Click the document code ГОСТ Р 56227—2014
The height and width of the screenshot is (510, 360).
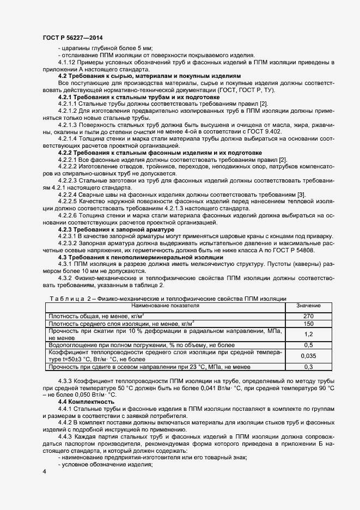pyautogui.click(x=72, y=38)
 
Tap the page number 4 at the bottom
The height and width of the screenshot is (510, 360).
pyautogui.click(x=44, y=470)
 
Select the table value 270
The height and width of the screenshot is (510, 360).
pyautogui.click(x=308, y=316)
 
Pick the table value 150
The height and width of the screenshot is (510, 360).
pyautogui.click(x=308, y=324)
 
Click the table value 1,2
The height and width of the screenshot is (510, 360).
pyautogui.click(x=308, y=335)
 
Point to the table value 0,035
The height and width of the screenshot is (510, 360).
pyautogui.click(x=308, y=356)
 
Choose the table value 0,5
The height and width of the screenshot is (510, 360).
pyautogui.click(x=308, y=345)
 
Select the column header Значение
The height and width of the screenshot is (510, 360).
pyautogui.click(x=308, y=306)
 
